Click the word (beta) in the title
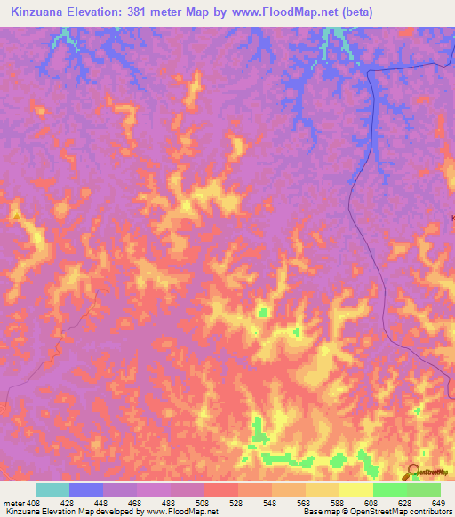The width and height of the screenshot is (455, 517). pyautogui.click(x=354, y=12)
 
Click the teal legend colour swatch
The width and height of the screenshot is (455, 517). pyautogui.click(x=52, y=489)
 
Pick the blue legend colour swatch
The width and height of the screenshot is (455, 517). pyautogui.click(x=86, y=489)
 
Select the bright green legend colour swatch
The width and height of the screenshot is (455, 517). pyautogui.click(x=390, y=489)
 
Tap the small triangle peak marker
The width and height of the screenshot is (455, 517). pyautogui.click(x=16, y=216)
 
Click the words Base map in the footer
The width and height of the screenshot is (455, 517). pyautogui.click(x=317, y=512)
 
